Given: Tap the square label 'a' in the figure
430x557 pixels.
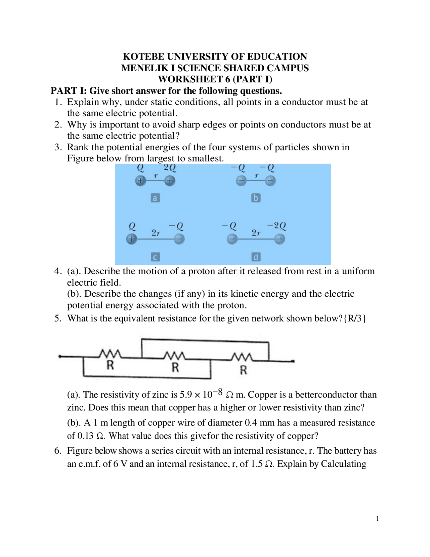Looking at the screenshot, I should (x=155, y=198).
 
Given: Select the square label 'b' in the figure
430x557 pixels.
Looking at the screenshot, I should (x=256, y=198).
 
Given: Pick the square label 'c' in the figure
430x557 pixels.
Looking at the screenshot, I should (x=155, y=257).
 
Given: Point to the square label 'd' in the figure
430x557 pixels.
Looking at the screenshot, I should (x=256, y=257).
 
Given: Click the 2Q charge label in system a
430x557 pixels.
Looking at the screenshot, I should (x=170, y=168).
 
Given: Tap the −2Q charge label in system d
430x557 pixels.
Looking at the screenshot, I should (x=276, y=226).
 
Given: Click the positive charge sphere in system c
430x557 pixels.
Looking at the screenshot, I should (x=132, y=239).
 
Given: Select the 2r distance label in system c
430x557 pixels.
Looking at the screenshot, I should (x=156, y=233).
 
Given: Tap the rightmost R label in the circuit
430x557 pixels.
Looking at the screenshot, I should (x=244, y=370).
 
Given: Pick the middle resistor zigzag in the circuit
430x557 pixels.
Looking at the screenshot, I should (x=174, y=356).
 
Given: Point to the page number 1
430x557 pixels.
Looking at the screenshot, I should (x=378, y=518).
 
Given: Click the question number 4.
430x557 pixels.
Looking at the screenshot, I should (x=57, y=271).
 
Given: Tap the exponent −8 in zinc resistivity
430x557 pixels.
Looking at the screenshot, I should (x=218, y=392).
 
